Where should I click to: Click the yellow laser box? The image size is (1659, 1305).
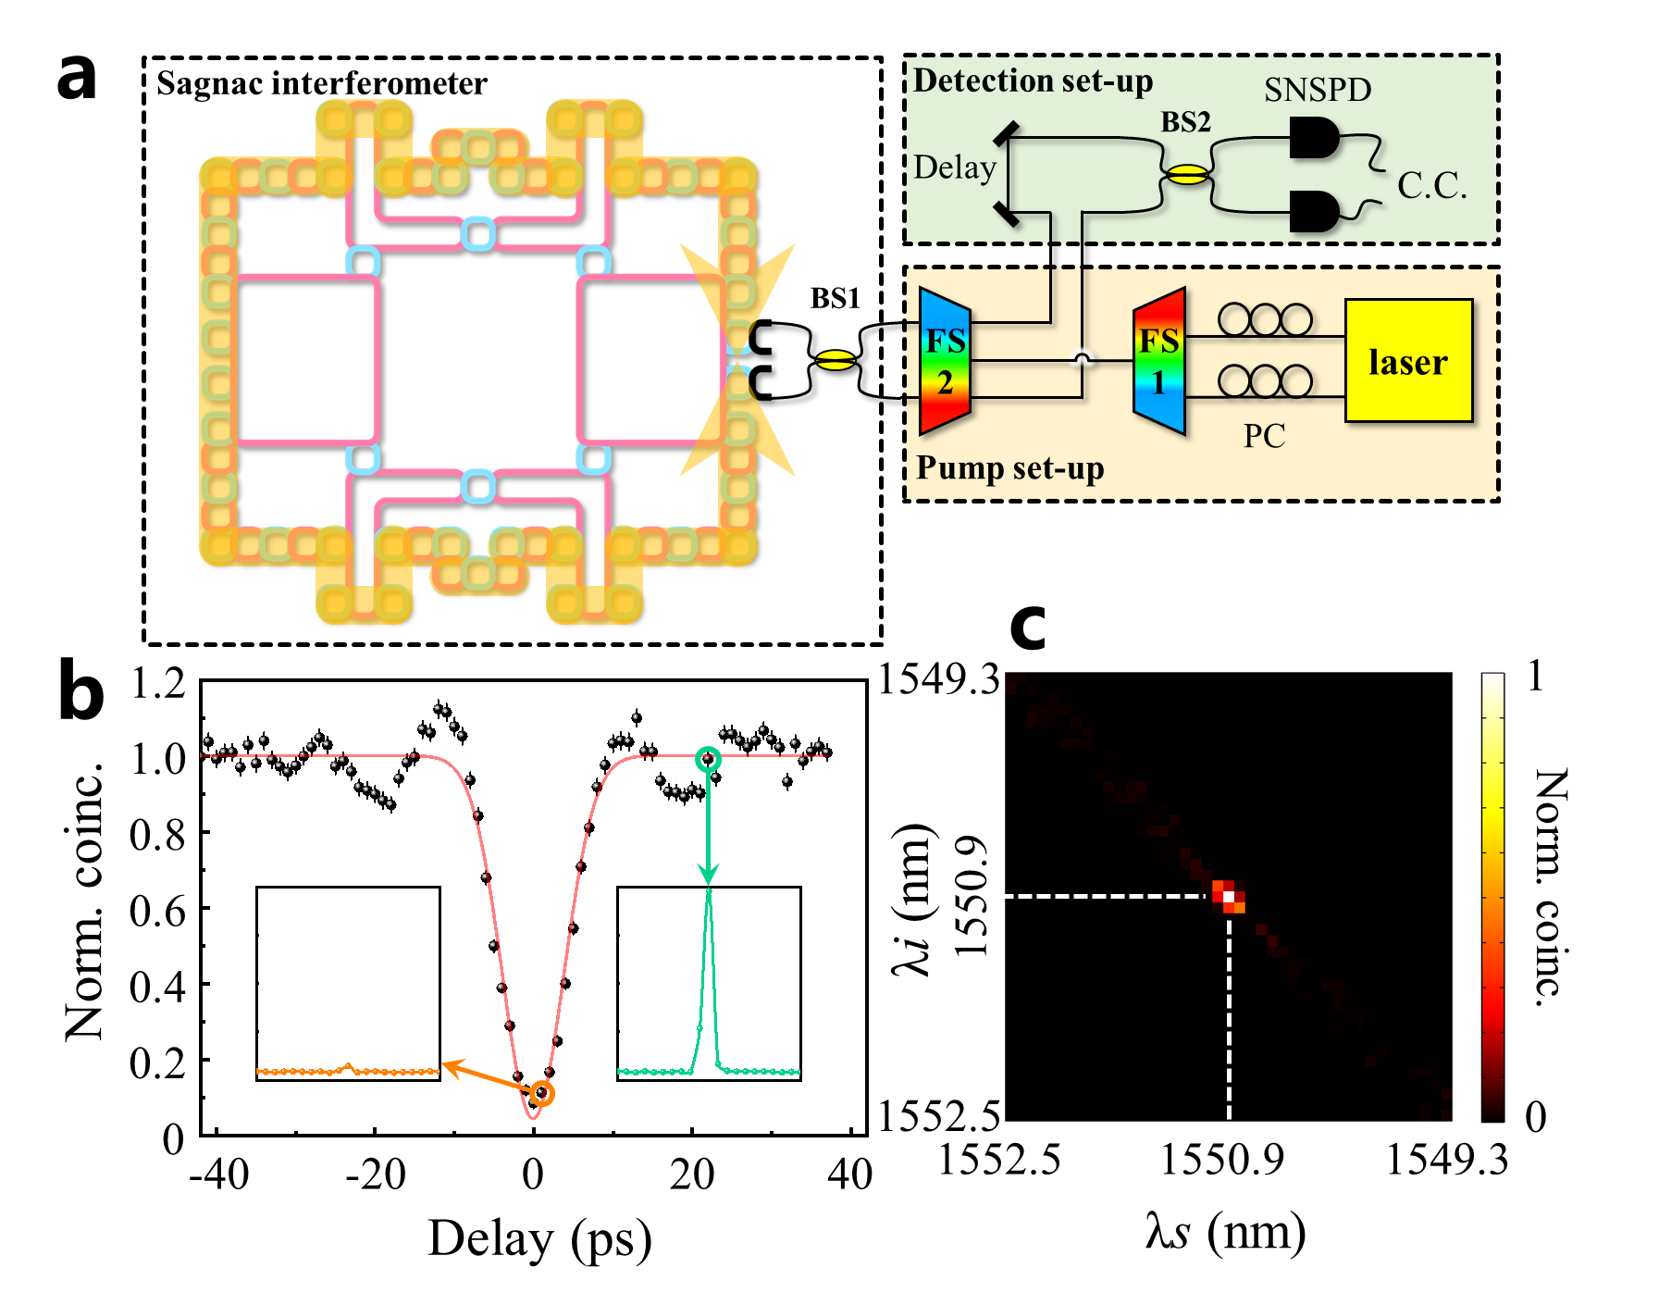pos(1408,361)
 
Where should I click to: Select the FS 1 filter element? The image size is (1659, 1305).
pos(1158,361)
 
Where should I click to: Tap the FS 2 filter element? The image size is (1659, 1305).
pos(945,361)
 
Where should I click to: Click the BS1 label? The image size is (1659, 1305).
pos(836,298)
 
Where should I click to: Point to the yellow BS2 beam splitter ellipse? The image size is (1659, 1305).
pos(1186,174)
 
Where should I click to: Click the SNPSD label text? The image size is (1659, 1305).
pos(1318,90)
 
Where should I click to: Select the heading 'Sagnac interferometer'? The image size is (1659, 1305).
pos(321,83)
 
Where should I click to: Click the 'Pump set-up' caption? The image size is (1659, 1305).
pos(1009,468)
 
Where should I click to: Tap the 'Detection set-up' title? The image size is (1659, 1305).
pos(1033,81)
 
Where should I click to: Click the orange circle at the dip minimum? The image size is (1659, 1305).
pos(543,1094)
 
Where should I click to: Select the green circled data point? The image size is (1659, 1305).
pos(708,760)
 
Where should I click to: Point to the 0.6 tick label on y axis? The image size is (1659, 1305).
pos(157,912)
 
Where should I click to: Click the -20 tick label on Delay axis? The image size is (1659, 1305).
pos(376,1175)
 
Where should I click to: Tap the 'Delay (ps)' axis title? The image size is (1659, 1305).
pos(539,1238)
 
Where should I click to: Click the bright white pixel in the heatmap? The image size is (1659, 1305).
pos(1229,896)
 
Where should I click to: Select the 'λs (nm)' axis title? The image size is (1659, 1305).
pos(1225,1233)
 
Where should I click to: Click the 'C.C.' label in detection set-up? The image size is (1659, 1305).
pos(1431,186)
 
